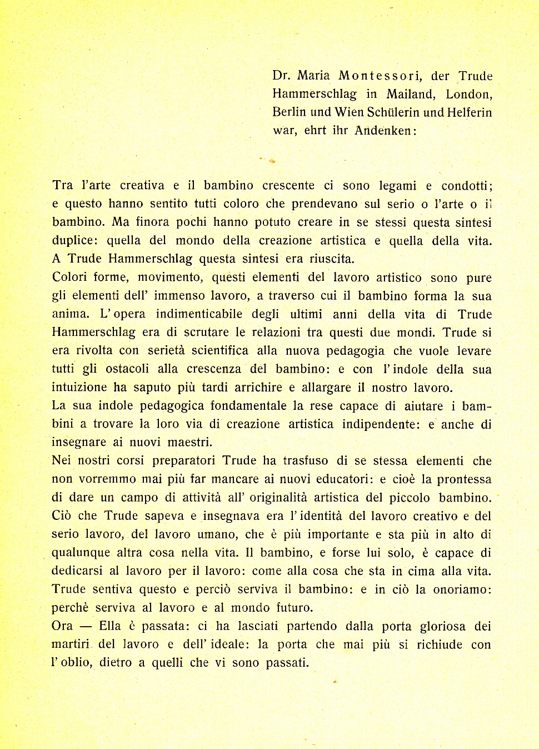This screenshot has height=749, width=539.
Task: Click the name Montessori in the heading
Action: [x=380, y=76]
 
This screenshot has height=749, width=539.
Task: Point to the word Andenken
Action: [x=383, y=131]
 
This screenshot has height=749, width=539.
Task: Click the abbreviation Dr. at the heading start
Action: [x=281, y=76]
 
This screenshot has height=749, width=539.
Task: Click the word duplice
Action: [x=75, y=241]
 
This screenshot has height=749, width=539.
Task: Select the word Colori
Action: [x=70, y=277]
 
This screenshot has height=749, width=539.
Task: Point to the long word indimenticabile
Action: [x=199, y=314]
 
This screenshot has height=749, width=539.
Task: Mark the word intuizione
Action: [x=79, y=388]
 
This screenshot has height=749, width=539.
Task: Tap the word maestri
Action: [x=189, y=443]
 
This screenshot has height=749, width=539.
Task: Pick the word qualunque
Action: [x=82, y=553]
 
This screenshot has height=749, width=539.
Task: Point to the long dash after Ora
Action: [x=86, y=627]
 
